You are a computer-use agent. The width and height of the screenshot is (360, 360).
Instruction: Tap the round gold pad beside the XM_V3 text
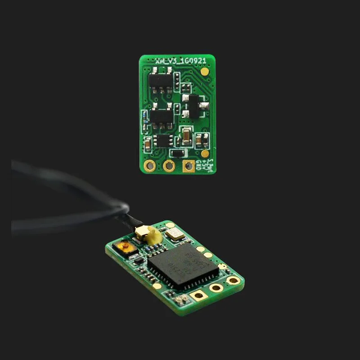pyautogui.click(x=205, y=71)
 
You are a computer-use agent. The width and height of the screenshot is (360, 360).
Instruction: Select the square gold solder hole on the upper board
pyautogui.click(x=188, y=166)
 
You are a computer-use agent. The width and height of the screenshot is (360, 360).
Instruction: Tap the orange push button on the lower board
pyautogui.click(x=122, y=247)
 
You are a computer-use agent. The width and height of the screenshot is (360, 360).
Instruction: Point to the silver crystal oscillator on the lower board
pyautogui.click(x=172, y=233)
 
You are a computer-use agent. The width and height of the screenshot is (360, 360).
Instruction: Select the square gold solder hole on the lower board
pyautogui.click(x=197, y=296)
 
